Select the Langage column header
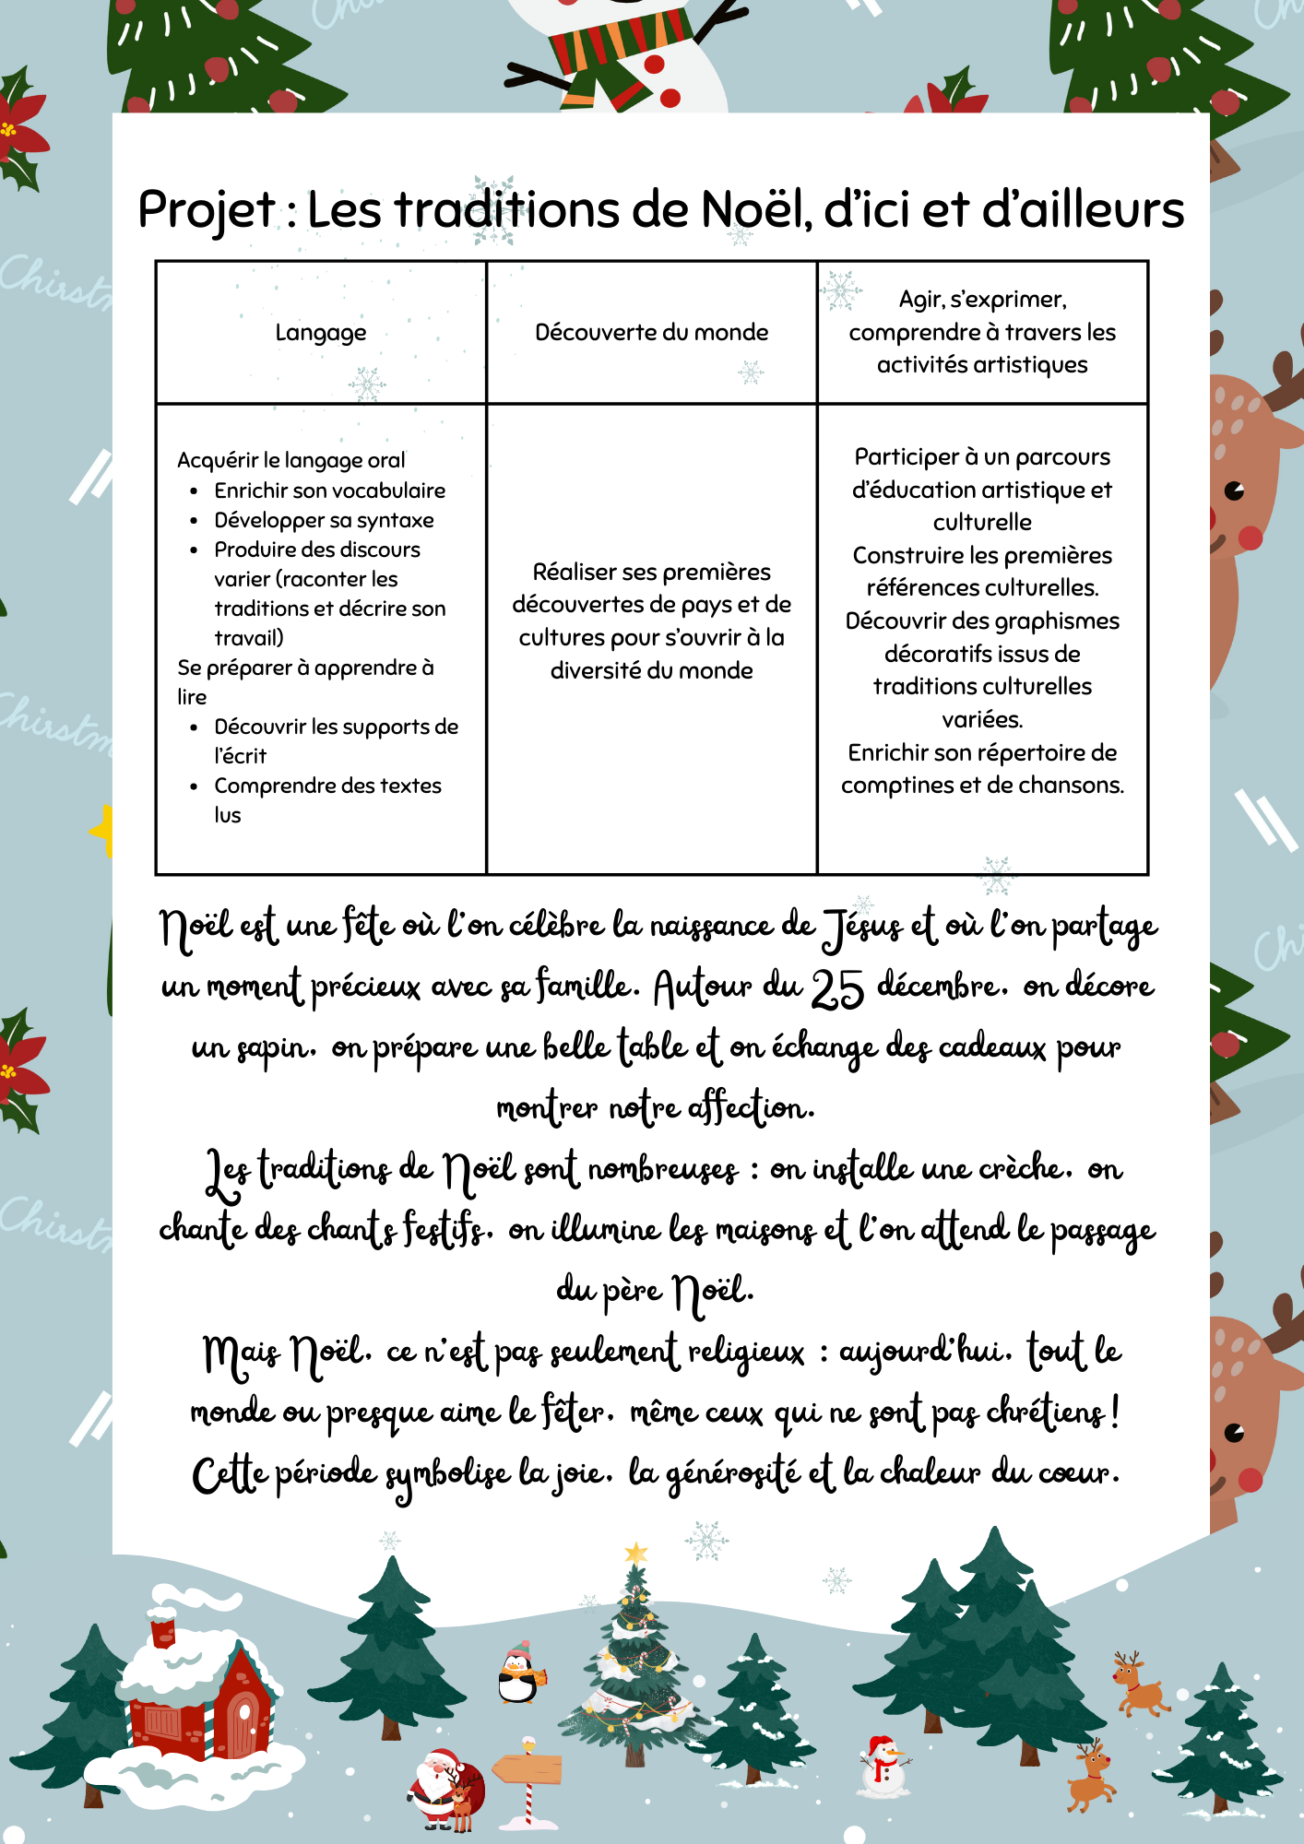pos(321,332)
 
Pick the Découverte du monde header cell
pos(651,332)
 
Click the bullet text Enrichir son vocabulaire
pos(329,491)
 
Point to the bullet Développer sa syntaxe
pos(324,520)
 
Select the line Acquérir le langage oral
pos(290,460)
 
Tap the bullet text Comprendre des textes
pos(327,786)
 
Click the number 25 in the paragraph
pos(836,989)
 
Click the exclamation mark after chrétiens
pos(1116,1411)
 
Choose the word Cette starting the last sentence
pos(230,1473)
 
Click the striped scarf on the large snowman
pos(620,46)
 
